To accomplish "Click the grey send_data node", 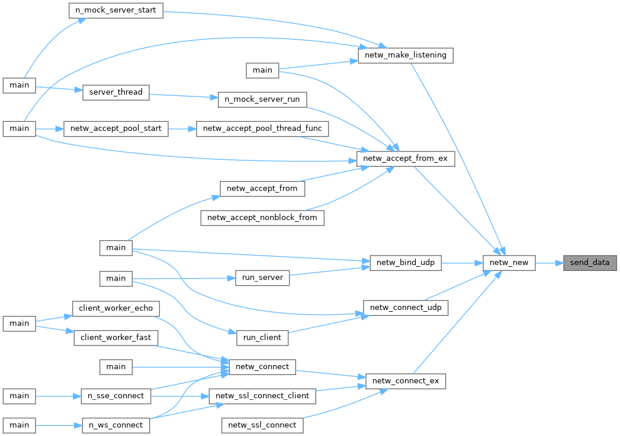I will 589,263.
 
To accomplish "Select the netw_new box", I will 509,263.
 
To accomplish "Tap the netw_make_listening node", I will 406,56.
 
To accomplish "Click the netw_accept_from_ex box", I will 405,159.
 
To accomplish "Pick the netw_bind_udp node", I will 405,263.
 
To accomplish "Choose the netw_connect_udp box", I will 405,308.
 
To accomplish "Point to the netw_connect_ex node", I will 405,381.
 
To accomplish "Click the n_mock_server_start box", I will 115,11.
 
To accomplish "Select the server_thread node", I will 115,92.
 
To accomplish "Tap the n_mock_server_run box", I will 262,99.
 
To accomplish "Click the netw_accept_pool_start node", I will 115,128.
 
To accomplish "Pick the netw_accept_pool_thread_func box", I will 262,128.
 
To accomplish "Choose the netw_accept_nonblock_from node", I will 262,218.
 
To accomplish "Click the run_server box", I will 262,278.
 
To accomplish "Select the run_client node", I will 262,337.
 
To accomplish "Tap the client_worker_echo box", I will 115,308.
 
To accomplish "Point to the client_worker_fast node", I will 115,338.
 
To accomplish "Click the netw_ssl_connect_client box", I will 262,396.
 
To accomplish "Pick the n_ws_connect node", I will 115,425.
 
